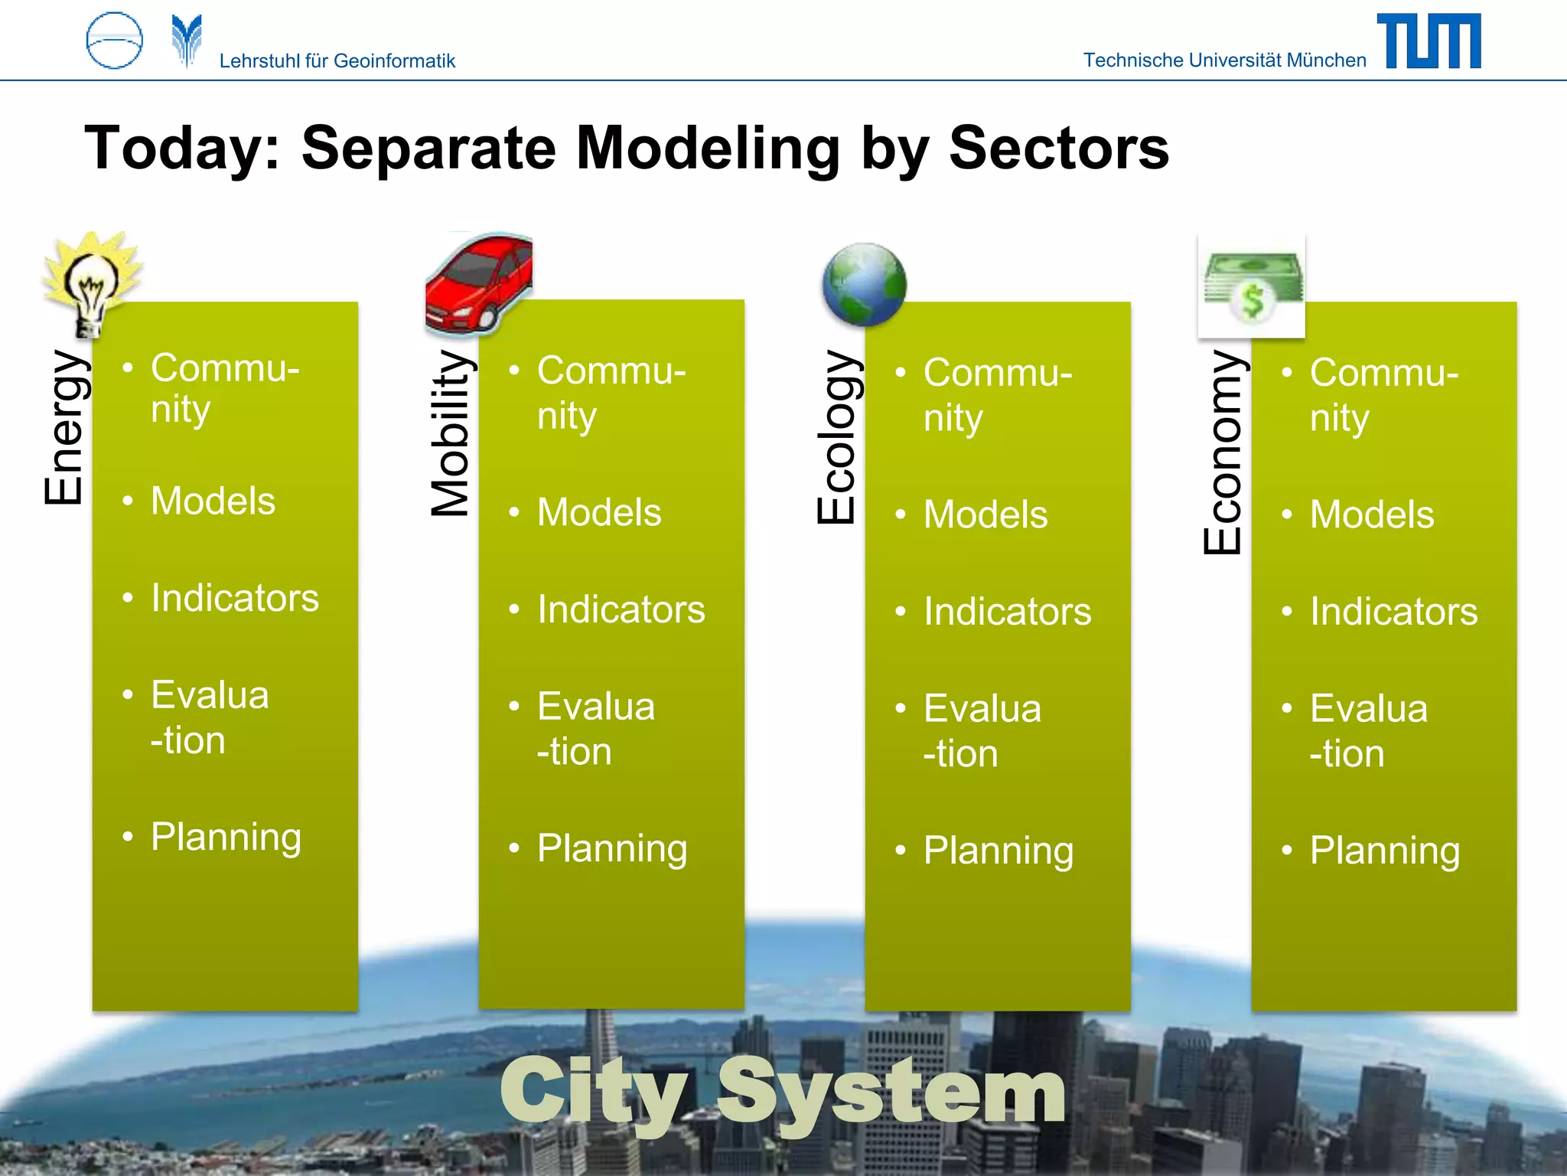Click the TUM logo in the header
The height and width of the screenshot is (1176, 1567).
[x=1429, y=41]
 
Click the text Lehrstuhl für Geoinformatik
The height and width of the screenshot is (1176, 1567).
[x=337, y=61]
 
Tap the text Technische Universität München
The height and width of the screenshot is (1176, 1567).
[x=1224, y=60]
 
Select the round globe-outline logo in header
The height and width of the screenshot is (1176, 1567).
[x=115, y=41]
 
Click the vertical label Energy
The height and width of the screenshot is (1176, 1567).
[x=64, y=427]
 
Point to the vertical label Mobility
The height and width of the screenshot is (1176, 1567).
[x=451, y=433]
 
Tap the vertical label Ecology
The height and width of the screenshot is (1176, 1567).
[x=837, y=437]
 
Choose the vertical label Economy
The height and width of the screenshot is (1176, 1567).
[x=1223, y=452]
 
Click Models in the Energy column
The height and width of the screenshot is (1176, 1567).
[x=213, y=501]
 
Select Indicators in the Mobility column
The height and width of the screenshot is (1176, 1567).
[x=621, y=610]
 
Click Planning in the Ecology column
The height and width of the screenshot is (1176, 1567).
[x=999, y=851]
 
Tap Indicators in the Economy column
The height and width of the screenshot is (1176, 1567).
[x=1393, y=612]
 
